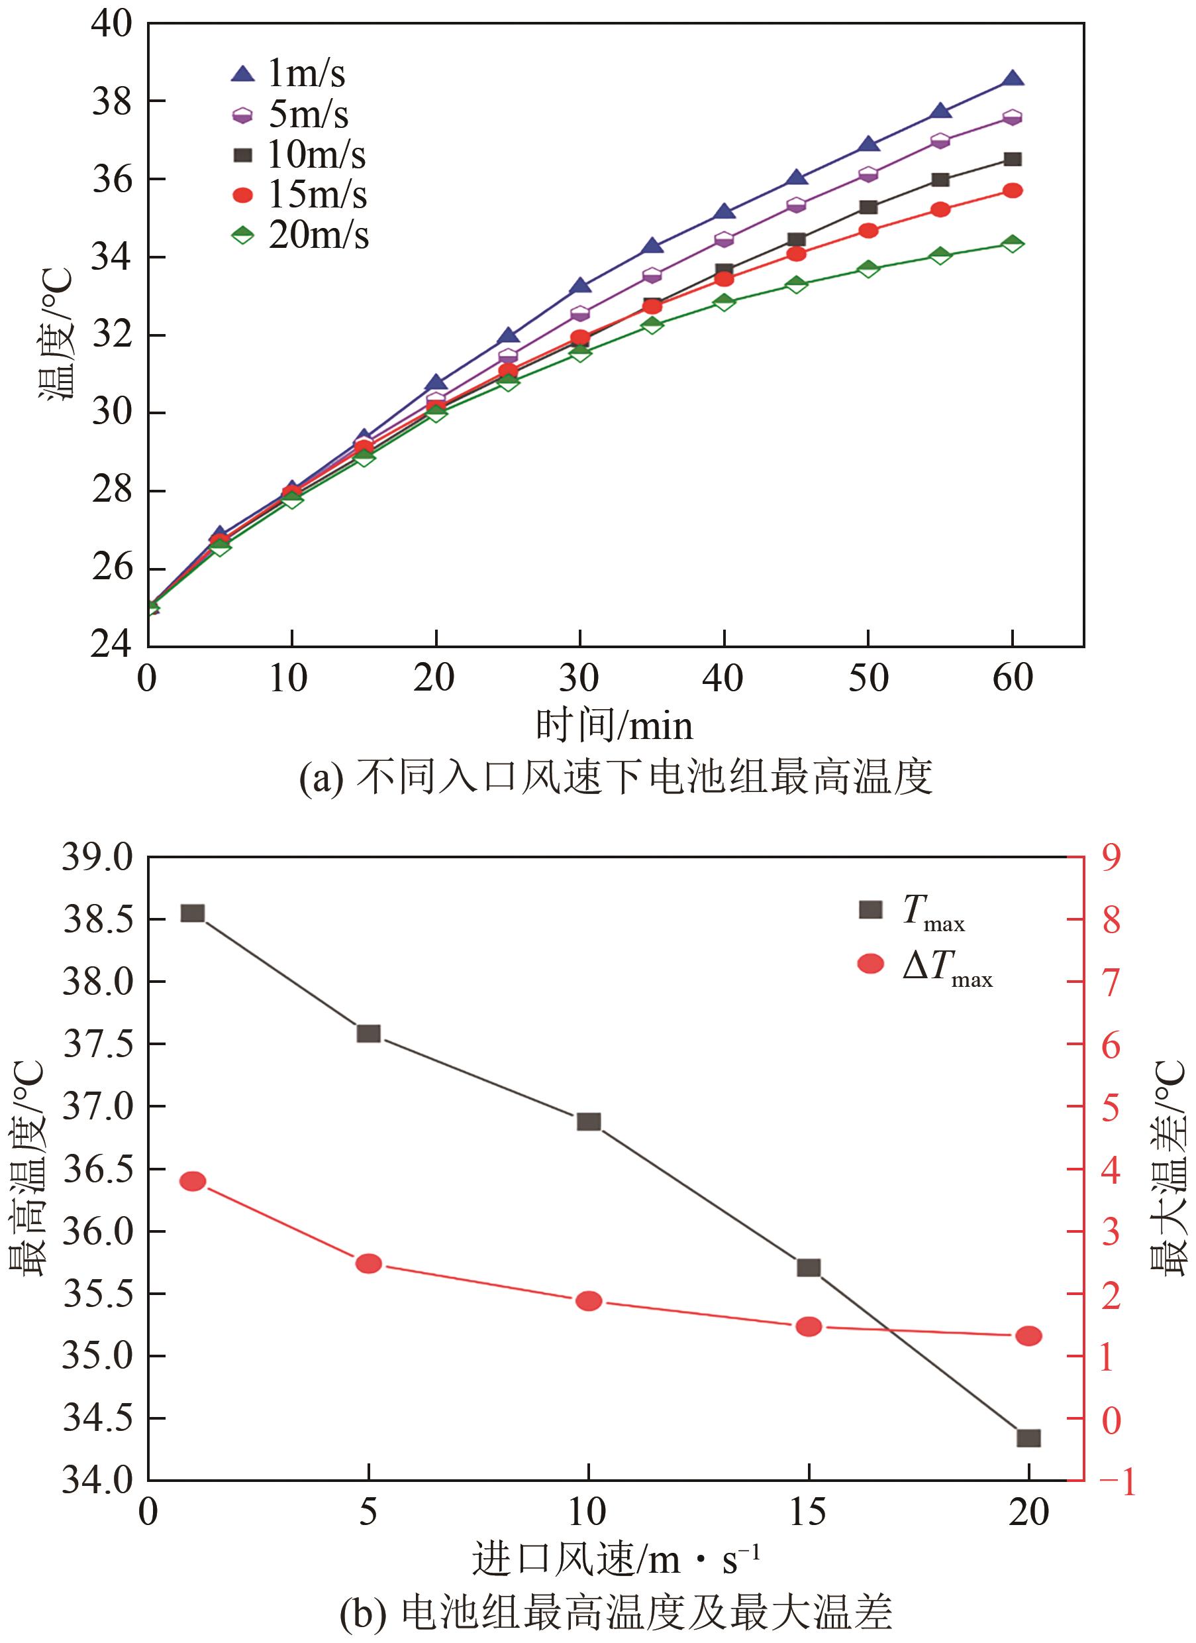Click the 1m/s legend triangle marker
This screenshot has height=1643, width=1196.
pyautogui.click(x=243, y=74)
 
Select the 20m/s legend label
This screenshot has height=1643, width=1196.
pyautogui.click(x=319, y=235)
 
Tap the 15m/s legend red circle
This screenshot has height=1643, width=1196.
pyautogui.click(x=243, y=195)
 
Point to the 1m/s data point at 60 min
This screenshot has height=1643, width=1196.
pyautogui.click(x=1012, y=78)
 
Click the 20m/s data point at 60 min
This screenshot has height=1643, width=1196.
pyautogui.click(x=1012, y=243)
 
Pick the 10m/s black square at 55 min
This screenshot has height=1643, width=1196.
pyautogui.click(x=940, y=180)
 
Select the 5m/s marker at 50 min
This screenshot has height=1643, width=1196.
pyautogui.click(x=868, y=174)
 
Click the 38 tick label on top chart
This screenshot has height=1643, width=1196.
pyautogui.click(x=112, y=101)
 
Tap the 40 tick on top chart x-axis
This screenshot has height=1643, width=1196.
pyautogui.click(x=723, y=679)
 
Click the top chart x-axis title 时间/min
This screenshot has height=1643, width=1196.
pyautogui.click(x=614, y=726)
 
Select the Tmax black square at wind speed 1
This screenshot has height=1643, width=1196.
pyautogui.click(x=193, y=913)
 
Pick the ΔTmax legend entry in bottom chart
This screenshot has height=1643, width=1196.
pyautogui.click(x=926, y=965)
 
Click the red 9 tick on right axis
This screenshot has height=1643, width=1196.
pyautogui.click(x=1111, y=858)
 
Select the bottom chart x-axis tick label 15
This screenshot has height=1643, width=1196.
pyautogui.click(x=808, y=1512)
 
